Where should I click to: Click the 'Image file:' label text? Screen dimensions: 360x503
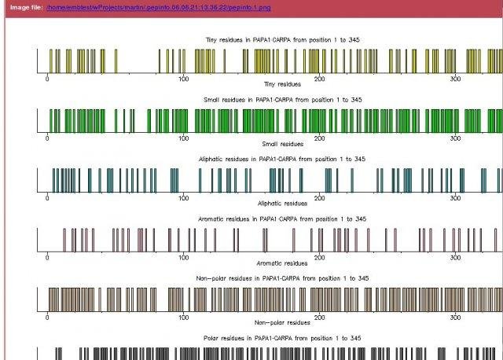coord(26,7)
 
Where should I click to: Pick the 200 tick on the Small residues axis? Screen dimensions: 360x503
coord(320,138)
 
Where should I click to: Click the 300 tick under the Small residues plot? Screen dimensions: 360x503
coord(456,138)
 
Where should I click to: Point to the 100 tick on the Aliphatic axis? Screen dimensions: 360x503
coord(183,198)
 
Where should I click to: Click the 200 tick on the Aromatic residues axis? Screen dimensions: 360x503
coord(320,258)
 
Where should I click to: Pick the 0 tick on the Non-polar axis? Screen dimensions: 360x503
coord(48,318)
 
